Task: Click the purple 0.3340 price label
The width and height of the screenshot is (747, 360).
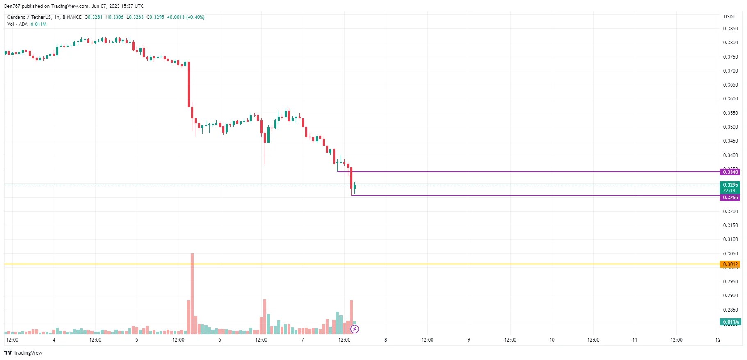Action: tap(730, 172)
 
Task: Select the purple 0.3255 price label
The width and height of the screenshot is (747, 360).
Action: tap(730, 198)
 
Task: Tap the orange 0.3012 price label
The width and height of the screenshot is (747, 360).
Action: tap(730, 264)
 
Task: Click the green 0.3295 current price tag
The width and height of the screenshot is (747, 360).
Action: tap(730, 185)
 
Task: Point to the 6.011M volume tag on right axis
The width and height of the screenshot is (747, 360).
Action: tap(730, 322)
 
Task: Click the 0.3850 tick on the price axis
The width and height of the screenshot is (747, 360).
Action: tap(730, 29)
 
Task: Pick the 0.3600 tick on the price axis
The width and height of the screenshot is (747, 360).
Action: tap(730, 99)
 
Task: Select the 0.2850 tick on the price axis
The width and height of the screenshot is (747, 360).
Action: tap(730, 310)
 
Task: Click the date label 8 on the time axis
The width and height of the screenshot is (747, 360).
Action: tap(386, 340)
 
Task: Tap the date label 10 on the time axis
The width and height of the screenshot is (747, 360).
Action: tap(552, 340)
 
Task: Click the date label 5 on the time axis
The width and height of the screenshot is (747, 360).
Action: tap(137, 340)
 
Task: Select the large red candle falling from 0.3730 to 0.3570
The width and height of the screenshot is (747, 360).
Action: tap(189, 84)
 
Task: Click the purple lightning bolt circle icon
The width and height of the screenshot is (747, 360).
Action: tap(355, 329)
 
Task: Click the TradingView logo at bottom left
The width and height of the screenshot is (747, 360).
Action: tap(23, 353)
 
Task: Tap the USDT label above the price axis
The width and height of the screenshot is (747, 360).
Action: tap(729, 17)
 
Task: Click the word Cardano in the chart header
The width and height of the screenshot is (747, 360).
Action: tap(16, 17)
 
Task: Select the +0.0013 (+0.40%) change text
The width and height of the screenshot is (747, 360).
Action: tap(185, 17)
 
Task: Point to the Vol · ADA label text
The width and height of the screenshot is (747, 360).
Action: tap(17, 24)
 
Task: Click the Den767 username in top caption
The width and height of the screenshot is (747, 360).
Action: tap(12, 6)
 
